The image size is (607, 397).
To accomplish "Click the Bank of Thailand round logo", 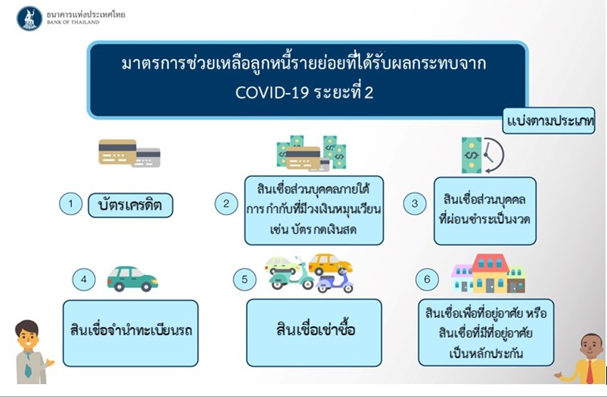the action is [x=29, y=19].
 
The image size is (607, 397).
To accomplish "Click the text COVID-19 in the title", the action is [x=272, y=93].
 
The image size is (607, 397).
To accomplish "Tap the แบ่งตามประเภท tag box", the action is [x=549, y=121].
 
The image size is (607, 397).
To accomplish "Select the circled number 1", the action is [x=70, y=204].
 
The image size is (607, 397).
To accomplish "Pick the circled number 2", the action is [x=226, y=204].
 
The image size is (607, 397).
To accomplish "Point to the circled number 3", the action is [x=415, y=204].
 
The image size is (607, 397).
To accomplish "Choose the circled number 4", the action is [x=84, y=279].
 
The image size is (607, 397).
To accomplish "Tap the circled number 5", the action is [x=244, y=279].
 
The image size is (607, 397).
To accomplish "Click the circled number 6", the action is [x=427, y=279].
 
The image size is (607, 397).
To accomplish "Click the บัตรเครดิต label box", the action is [x=130, y=205].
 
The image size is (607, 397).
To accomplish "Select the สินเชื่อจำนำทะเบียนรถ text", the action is [x=131, y=330].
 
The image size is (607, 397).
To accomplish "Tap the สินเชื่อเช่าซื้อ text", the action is [x=315, y=329].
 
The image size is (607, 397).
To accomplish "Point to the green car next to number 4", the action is [x=132, y=279].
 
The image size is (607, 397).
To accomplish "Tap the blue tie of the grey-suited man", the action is [x=28, y=366].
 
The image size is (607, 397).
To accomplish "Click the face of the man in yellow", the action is [x=591, y=346].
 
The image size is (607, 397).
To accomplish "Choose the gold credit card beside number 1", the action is [x=117, y=152].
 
